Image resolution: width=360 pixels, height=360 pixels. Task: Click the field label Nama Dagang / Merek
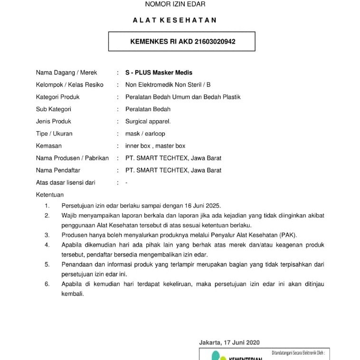point(66,73)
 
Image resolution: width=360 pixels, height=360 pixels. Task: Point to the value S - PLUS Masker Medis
point(159,73)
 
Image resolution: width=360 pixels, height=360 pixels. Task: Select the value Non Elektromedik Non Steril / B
point(168,85)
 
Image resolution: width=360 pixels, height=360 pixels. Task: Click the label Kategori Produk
point(57,97)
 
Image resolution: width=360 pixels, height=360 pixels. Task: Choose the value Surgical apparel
point(148,122)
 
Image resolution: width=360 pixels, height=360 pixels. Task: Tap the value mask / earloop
point(145,134)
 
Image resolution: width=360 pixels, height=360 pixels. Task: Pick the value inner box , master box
point(155,146)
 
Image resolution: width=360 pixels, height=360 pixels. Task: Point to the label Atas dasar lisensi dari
point(66,182)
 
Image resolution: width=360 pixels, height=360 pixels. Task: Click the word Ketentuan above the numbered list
point(50,195)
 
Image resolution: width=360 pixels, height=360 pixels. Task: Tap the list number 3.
point(47,235)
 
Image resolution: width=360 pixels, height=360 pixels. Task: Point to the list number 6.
point(47,284)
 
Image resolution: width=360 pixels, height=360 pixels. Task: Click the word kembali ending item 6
point(73,294)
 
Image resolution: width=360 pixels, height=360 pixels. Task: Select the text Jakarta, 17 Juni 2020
point(229,342)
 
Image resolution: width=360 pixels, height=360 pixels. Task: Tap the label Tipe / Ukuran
point(54,134)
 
